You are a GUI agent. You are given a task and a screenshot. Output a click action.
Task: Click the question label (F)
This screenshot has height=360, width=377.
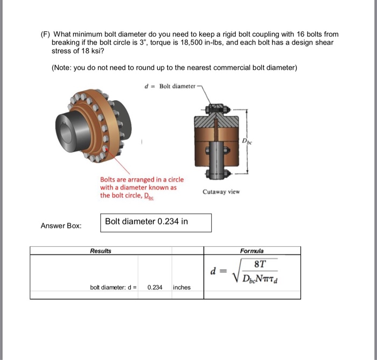click(x=46, y=34)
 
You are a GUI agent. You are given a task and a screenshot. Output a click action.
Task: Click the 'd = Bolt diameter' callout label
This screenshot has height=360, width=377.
click(x=171, y=86)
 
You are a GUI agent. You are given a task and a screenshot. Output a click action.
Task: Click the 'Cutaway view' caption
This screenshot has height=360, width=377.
click(x=221, y=192)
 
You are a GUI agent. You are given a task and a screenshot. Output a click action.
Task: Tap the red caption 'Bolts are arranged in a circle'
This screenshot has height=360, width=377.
click(x=142, y=179)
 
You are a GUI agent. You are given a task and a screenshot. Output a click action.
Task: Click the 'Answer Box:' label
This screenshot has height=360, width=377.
click(x=61, y=226)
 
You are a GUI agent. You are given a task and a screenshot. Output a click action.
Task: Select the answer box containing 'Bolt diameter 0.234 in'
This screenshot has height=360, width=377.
click(x=156, y=223)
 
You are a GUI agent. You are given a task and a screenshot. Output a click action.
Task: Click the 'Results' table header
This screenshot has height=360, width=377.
click(x=101, y=251)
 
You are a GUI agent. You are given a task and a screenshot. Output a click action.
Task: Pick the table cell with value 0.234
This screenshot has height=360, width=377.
click(x=155, y=287)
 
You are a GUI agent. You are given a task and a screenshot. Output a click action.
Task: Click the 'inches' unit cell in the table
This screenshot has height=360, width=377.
click(x=181, y=287)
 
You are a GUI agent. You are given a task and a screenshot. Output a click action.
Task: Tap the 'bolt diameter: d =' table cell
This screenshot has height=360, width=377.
click(x=114, y=287)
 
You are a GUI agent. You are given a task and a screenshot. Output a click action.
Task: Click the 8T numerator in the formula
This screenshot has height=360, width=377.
click(x=260, y=264)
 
